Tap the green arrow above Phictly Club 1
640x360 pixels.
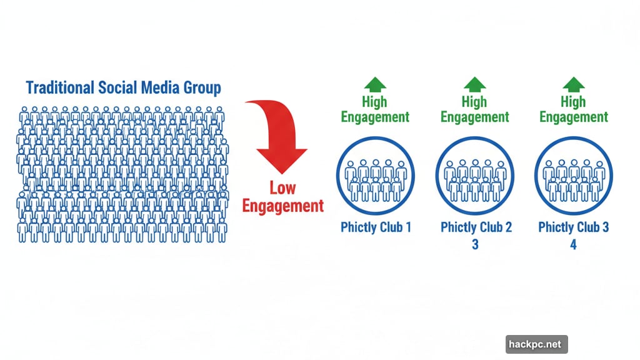[x=375, y=84]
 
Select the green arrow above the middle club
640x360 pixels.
[x=474, y=84]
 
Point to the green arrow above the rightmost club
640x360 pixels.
[x=574, y=84]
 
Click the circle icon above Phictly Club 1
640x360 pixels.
[x=375, y=176]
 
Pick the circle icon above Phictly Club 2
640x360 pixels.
[x=474, y=176]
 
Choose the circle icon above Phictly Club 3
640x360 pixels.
[x=574, y=176]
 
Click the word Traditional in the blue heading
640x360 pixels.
[x=59, y=87]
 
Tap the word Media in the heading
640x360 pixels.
[x=161, y=87]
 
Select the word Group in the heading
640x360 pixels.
[x=201, y=87]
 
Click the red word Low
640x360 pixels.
[x=282, y=187]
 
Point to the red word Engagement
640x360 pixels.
[x=282, y=206]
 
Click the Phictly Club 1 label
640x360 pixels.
[x=376, y=227]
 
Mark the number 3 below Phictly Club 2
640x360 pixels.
[x=475, y=244]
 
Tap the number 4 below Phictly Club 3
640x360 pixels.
[x=573, y=244]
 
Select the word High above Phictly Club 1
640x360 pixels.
[x=375, y=101]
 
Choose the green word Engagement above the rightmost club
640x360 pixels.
[x=574, y=117]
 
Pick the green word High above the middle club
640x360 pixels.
[x=474, y=101]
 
